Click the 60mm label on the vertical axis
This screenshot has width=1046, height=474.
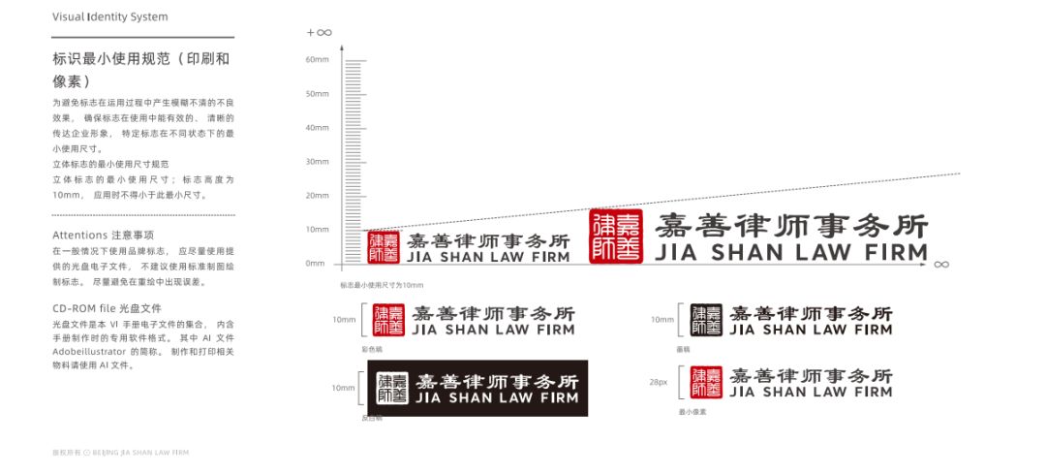tap(318, 60)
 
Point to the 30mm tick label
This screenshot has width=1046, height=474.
tap(318, 162)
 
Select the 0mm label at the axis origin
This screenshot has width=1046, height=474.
tap(316, 263)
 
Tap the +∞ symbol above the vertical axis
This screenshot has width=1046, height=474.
tap(320, 32)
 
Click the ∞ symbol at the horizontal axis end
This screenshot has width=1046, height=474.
tap(941, 264)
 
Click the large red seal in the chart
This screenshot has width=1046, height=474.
tap(616, 236)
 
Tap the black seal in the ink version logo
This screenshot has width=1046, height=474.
tap(706, 321)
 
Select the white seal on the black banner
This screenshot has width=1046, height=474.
tap(392, 388)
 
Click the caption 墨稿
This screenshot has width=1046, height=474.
tap(684, 348)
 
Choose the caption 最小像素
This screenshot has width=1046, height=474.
tap(692, 412)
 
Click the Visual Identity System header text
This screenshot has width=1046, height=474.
tap(109, 17)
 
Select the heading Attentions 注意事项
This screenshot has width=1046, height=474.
tap(103, 236)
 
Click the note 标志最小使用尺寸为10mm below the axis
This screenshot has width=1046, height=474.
tap(382, 285)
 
